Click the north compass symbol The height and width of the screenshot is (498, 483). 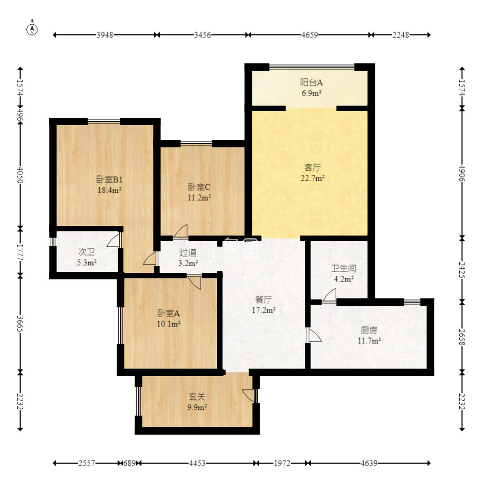32,29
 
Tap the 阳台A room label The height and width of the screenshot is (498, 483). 311,82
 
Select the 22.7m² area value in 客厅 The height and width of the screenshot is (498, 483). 312,178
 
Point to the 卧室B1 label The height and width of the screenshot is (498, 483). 109,180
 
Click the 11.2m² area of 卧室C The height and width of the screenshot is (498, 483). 200,198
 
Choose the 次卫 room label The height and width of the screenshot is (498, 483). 87,252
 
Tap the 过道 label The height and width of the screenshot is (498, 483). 188,252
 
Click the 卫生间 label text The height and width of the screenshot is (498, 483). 344,268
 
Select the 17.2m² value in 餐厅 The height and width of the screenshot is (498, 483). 263,310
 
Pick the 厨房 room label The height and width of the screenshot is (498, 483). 369,330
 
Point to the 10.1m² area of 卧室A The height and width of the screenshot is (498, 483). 168,324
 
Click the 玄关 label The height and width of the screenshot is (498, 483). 197,397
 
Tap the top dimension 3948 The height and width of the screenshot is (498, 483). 105,35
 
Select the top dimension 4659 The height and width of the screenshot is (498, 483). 310,35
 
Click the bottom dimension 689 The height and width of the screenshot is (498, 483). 129,463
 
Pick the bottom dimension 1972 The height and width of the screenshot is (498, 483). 282,463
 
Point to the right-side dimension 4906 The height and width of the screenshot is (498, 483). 462,173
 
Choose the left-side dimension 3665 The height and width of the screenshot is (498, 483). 20,323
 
